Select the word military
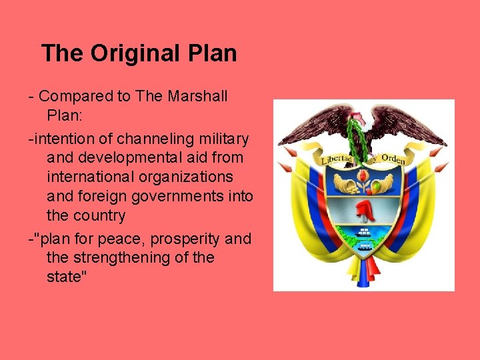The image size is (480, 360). click(x=224, y=139)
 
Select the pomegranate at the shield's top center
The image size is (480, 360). click(x=364, y=178)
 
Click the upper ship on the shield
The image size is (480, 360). click(x=365, y=232)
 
